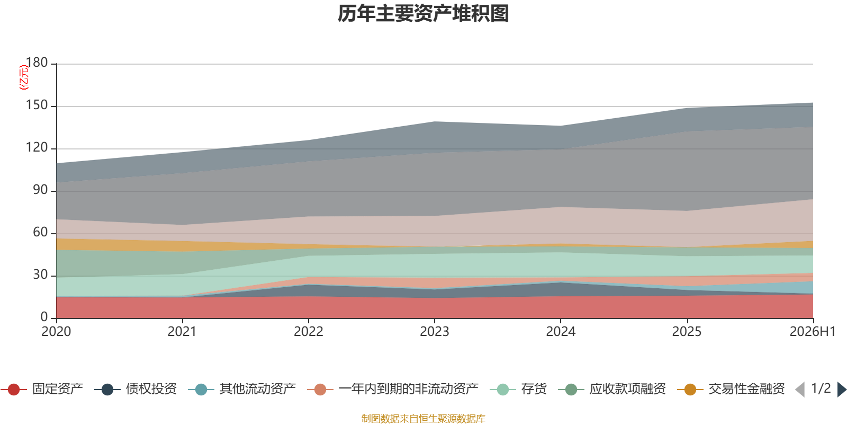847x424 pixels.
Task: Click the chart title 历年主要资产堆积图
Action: point(423,14)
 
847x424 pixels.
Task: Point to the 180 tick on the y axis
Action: point(37,63)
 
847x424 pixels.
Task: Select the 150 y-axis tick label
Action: point(37,105)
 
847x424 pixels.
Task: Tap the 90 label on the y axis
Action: point(40,190)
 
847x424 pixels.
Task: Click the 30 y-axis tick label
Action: point(40,275)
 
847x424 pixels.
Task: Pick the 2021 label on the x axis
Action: point(182,332)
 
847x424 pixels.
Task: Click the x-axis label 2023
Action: point(435,332)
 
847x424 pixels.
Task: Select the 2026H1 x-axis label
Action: point(812,332)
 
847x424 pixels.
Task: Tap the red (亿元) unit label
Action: point(24,77)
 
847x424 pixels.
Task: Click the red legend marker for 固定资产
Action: point(14,390)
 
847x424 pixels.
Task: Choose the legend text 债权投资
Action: point(151,389)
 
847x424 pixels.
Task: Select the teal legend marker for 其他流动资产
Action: point(201,390)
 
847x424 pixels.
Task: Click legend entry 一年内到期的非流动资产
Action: point(409,389)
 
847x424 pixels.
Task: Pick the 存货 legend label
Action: point(534,389)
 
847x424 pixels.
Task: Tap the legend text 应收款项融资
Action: point(628,389)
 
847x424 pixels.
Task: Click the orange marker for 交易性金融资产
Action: point(690,390)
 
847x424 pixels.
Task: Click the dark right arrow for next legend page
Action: point(842,390)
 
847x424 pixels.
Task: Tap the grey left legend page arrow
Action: point(800,390)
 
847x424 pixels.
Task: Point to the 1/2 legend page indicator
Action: point(821,388)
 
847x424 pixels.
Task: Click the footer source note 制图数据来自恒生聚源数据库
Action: point(423,418)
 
